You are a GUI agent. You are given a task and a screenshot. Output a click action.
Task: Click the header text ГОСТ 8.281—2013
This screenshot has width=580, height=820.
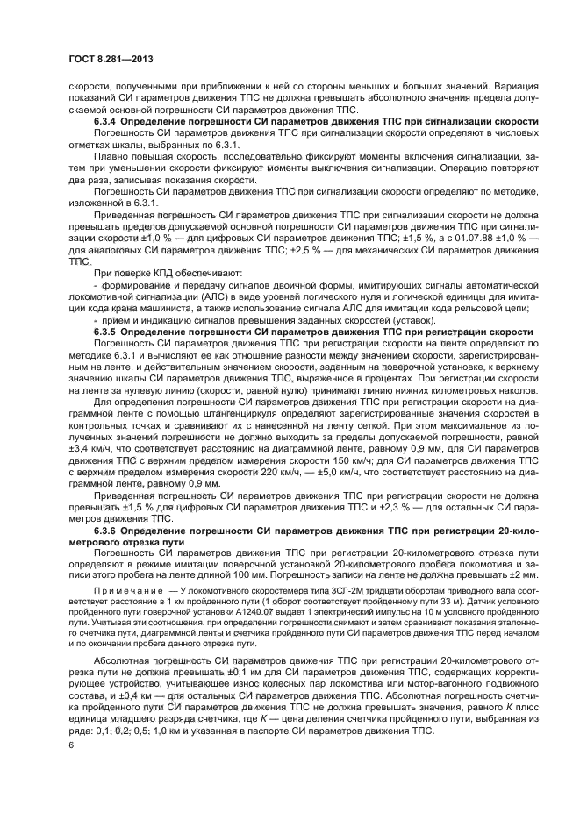tap(102, 59)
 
